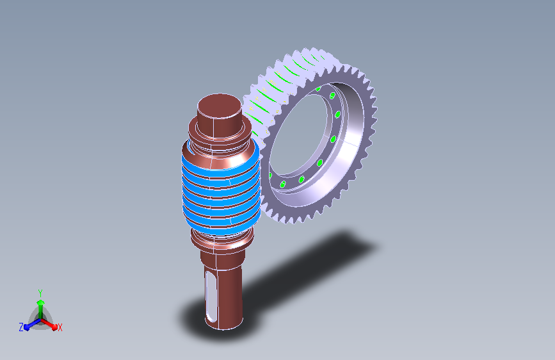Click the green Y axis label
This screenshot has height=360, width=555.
click(40, 293)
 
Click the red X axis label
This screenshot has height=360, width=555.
click(60, 327)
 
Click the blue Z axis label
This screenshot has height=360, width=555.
click(21, 327)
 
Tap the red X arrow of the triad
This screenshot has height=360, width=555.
click(49, 324)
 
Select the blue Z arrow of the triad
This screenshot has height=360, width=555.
click(33, 324)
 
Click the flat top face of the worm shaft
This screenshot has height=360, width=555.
click(220, 106)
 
